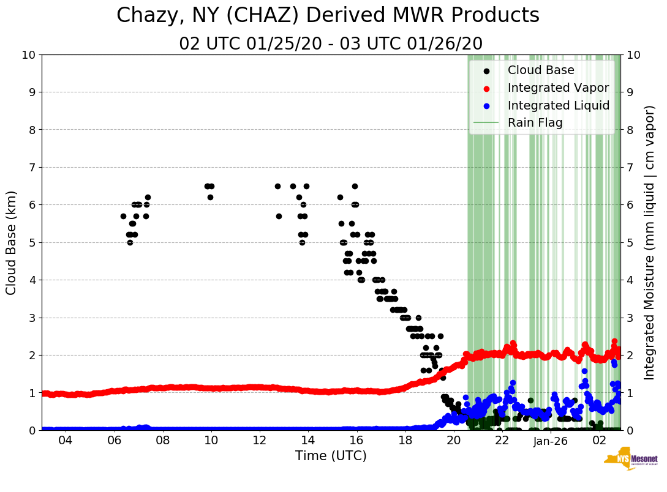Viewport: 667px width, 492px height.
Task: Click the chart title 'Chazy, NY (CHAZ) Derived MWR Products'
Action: point(328,15)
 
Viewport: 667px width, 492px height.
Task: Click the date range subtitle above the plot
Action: point(331,44)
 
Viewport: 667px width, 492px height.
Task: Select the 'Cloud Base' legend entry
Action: point(541,70)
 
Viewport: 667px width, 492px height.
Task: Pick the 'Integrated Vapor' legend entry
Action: point(558,88)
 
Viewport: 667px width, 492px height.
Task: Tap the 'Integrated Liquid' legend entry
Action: point(558,106)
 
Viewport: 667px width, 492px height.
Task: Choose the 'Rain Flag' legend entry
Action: point(535,123)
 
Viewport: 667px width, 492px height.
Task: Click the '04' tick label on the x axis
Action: point(66,441)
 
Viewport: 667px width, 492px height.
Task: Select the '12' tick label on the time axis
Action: point(260,441)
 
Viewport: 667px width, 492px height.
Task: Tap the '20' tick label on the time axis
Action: point(454,441)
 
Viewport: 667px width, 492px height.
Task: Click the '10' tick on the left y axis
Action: point(29,55)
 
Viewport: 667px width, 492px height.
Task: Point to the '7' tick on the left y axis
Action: point(32,168)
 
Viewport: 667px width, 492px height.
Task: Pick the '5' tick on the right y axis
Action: point(629,243)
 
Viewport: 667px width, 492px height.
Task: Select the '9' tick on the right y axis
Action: point(629,92)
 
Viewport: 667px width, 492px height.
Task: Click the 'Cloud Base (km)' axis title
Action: point(12,242)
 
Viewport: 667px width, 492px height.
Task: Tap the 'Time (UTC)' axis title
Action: point(331,456)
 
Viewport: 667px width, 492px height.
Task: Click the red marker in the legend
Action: point(486,88)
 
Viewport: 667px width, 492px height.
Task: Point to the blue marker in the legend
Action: point(486,106)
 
